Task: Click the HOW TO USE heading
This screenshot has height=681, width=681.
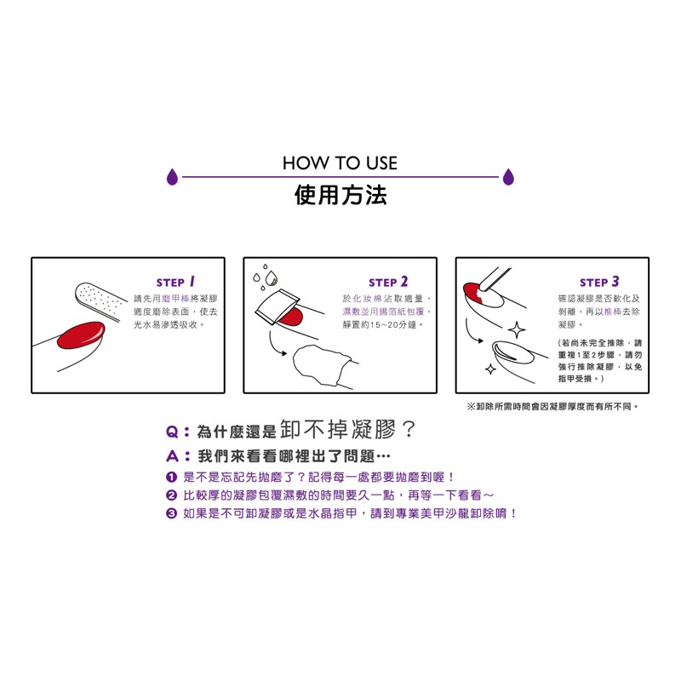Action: coord(340,163)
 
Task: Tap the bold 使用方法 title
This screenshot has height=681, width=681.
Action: coord(340,195)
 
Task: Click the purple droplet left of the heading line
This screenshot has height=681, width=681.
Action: coord(173,177)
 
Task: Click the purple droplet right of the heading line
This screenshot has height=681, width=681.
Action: coord(508,177)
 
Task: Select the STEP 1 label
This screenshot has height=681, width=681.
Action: coord(175,283)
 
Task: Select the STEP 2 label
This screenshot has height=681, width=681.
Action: coord(388,283)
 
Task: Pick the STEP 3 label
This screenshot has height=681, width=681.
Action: coord(599,283)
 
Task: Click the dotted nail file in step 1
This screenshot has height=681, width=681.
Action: coord(99,301)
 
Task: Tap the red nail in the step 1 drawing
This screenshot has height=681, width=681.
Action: coord(81,335)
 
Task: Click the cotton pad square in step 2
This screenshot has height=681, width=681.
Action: coord(278,306)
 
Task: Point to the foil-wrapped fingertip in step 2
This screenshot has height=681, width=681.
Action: coord(322,365)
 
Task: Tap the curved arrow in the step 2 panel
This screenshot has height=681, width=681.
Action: coord(275,345)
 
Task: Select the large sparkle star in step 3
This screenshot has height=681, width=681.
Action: coord(517,330)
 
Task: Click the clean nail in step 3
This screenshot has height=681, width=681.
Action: coord(513,352)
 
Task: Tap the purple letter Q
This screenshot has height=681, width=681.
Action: coord(172,432)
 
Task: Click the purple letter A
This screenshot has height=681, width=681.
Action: coord(173,456)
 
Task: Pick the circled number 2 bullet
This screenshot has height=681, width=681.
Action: coord(172,495)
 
